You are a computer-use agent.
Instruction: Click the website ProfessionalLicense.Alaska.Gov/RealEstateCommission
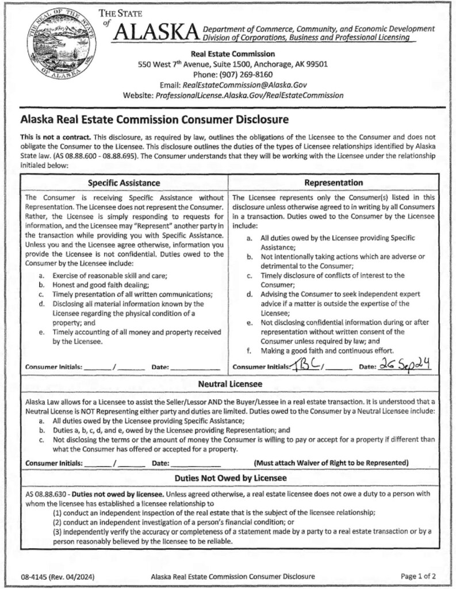click(249, 95)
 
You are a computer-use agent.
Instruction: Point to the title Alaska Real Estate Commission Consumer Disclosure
click(154, 121)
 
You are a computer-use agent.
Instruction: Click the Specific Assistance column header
click(124, 183)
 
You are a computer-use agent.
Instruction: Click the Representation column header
click(333, 183)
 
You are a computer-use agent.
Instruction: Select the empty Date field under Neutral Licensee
click(196, 463)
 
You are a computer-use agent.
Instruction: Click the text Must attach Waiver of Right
click(331, 463)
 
